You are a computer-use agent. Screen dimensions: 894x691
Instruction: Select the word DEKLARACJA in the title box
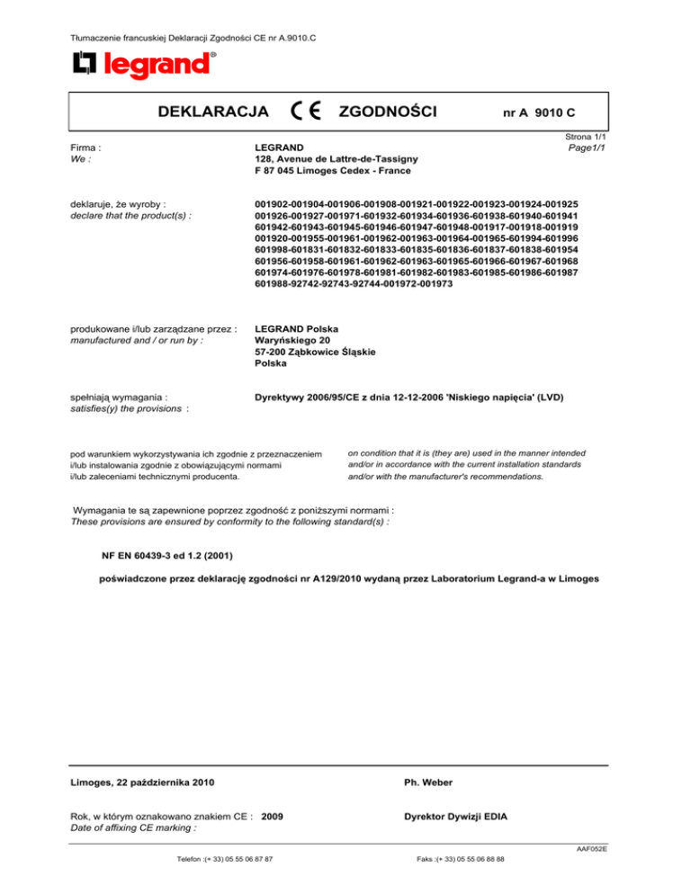(x=212, y=112)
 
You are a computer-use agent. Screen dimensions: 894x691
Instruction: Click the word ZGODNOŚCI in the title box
(x=388, y=112)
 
